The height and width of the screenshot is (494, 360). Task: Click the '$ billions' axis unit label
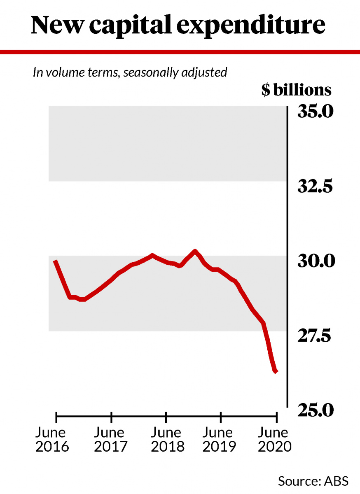click(296, 90)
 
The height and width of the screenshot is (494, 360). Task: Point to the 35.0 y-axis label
click(315, 112)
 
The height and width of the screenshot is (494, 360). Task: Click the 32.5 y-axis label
click(315, 187)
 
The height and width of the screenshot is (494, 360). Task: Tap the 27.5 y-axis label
click(315, 337)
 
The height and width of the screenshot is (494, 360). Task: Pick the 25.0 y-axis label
click(315, 410)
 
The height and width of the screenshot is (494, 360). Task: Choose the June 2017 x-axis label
click(110, 440)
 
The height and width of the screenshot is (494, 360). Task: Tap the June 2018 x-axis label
click(166, 440)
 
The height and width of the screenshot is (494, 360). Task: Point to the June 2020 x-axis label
click(274, 440)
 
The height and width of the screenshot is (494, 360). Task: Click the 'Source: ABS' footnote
click(313, 480)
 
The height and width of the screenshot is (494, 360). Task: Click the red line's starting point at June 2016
click(55, 261)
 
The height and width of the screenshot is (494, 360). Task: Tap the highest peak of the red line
click(195, 251)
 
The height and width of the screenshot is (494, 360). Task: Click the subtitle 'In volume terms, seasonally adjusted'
click(130, 72)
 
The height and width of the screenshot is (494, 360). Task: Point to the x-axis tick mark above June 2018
click(166, 417)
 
